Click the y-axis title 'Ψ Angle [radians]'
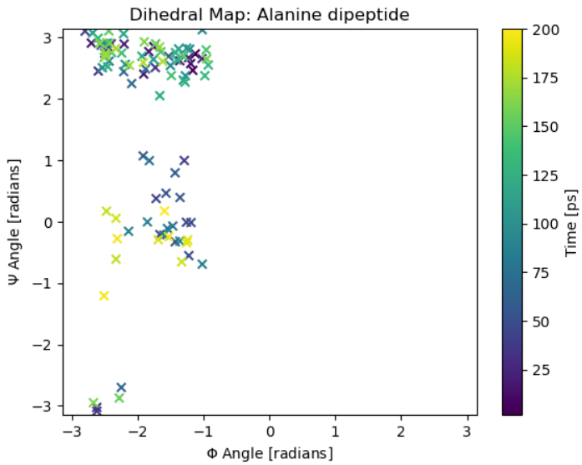(15, 221)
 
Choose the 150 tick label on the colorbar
(543, 126)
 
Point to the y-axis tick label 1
(48, 160)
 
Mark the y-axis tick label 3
(48, 38)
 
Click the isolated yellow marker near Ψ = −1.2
(104, 296)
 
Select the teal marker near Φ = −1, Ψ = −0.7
(202, 264)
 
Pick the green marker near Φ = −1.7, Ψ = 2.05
(159, 96)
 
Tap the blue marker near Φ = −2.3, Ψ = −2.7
(121, 387)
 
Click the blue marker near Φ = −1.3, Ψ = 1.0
(184, 160)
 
